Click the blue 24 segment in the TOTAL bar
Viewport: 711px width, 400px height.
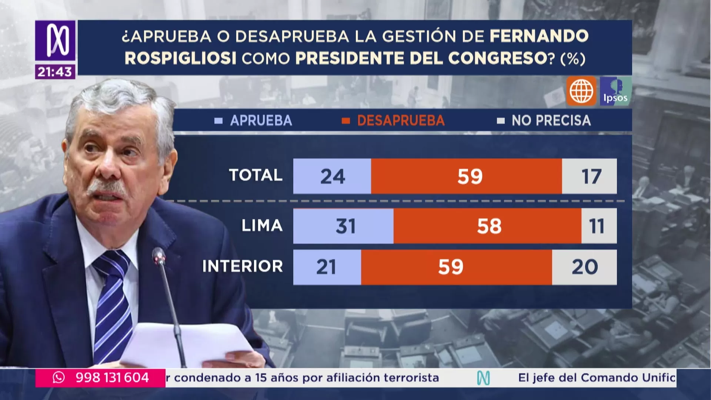coord(332,176)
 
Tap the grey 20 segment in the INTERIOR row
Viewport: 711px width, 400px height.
coord(584,267)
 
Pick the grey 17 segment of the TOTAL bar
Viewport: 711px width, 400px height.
coord(590,176)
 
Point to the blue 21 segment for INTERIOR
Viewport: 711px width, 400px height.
coord(327,267)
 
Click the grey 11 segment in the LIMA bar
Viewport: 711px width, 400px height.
coord(598,226)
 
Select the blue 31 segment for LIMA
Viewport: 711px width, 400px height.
coord(344,226)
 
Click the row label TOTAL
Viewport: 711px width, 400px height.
coord(256,175)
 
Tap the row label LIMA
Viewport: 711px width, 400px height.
coord(262,226)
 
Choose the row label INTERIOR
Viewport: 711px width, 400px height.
coord(243,266)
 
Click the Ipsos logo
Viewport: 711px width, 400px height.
coord(615,91)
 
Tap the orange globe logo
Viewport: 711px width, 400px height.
coord(581,91)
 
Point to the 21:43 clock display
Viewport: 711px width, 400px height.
coord(55,72)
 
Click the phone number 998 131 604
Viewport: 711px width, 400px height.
coord(112,378)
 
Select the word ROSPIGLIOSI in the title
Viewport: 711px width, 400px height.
coord(180,59)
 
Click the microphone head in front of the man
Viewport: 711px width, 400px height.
coord(159,256)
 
